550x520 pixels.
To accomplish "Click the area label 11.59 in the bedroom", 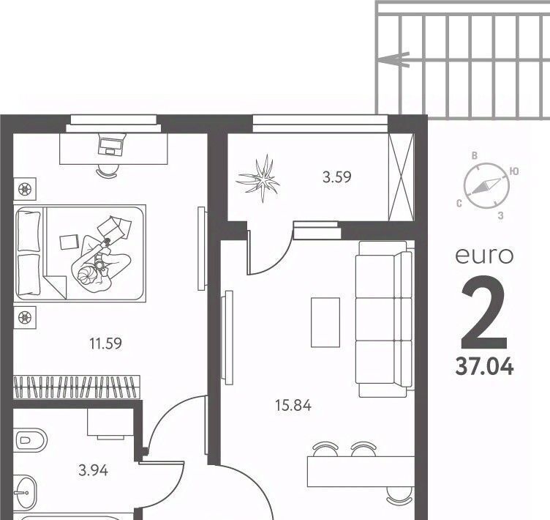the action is (105, 343).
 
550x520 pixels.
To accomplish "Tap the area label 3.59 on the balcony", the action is (336, 177).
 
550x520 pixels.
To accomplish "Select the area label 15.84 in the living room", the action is (293, 406).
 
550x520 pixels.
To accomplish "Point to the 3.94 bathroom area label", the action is (94, 470).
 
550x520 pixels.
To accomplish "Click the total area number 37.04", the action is (484, 367).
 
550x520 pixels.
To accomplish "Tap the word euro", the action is (484, 256).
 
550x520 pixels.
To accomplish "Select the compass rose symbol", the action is (486, 185).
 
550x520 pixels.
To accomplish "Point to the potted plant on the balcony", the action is (260, 179).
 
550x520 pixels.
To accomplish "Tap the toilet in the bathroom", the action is (30, 439).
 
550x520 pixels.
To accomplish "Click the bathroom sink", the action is (25, 492).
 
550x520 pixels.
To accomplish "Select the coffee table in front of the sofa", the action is (325, 322).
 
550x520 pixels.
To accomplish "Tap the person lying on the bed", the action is (101, 254).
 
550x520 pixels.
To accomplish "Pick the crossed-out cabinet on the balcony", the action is (401, 177).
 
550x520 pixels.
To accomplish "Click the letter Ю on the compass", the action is (514, 171).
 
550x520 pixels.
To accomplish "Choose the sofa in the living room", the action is (384, 319).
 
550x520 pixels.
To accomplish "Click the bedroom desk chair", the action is (107, 171).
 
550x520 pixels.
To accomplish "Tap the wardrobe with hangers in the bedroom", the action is (77, 387).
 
